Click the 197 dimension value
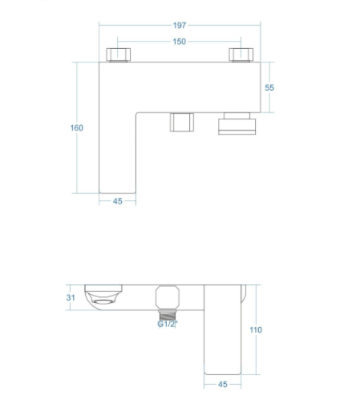click(x=180, y=26)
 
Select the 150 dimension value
click(x=179, y=42)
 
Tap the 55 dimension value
click(x=269, y=87)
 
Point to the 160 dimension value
click(x=77, y=127)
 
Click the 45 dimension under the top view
click(x=118, y=201)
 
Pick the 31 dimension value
click(x=71, y=297)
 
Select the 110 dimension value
click(x=256, y=330)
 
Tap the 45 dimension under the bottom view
click(x=223, y=384)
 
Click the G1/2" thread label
click(x=168, y=324)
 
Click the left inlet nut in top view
click(x=119, y=55)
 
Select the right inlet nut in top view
click(x=241, y=55)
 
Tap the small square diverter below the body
click(x=182, y=122)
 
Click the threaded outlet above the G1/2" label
click(x=168, y=315)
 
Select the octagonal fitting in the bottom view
click(x=168, y=297)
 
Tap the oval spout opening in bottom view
click(x=103, y=302)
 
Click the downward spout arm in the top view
click(x=117, y=153)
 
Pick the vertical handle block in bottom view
click(x=222, y=329)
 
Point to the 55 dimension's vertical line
click(x=269, y=87)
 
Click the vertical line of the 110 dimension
click(x=256, y=329)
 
